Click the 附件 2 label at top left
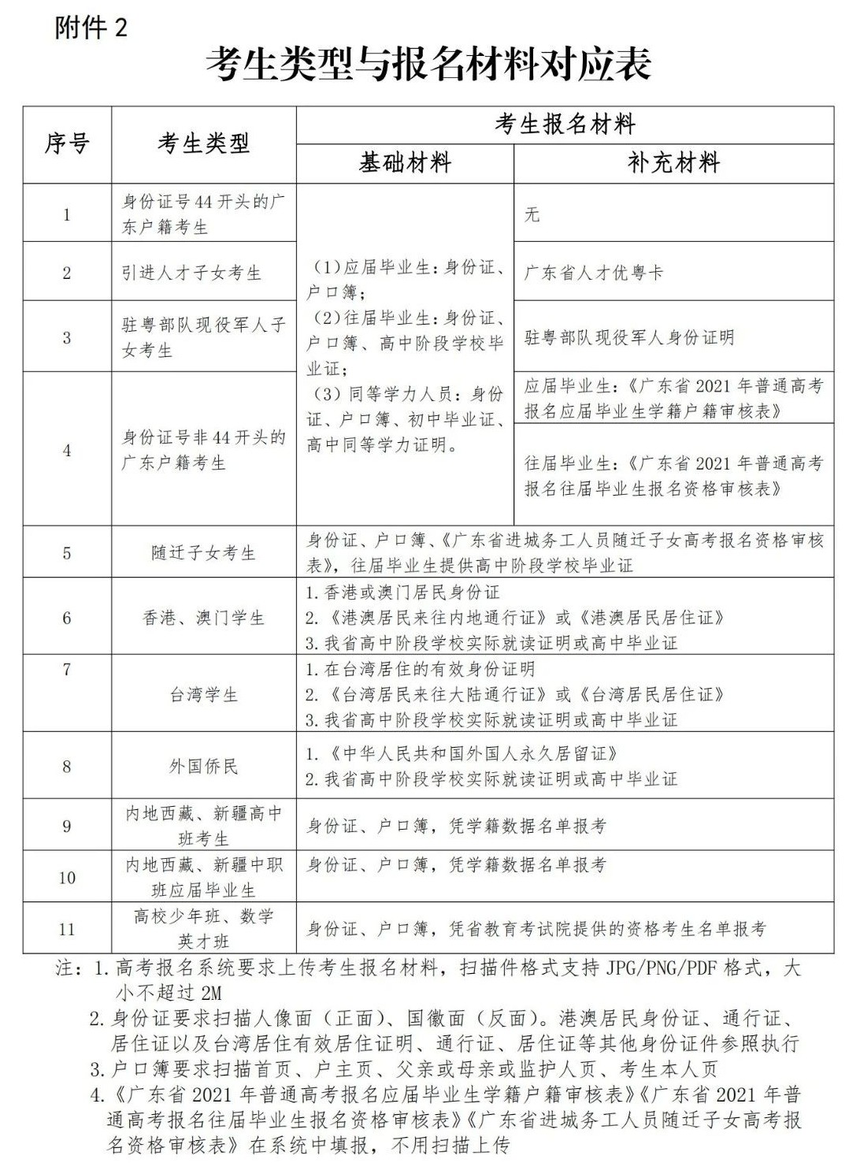pos(91,28)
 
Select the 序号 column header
pos(67,144)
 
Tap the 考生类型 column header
pos(203,144)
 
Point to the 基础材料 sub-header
pos(405,164)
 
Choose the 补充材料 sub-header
pos(673,164)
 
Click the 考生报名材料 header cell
pos(565,124)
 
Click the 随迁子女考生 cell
pos(204,553)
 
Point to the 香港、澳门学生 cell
pos(204,618)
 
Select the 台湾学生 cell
pos(204,695)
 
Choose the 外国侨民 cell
pos(204,766)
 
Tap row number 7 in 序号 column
pos(67,670)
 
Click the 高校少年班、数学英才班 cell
pos(204,928)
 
